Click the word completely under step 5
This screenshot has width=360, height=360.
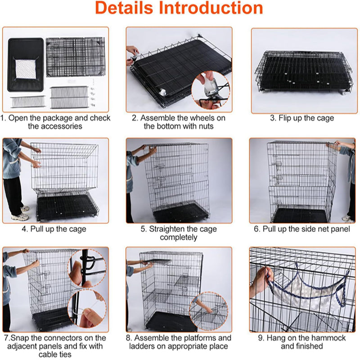[x=179, y=237]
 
